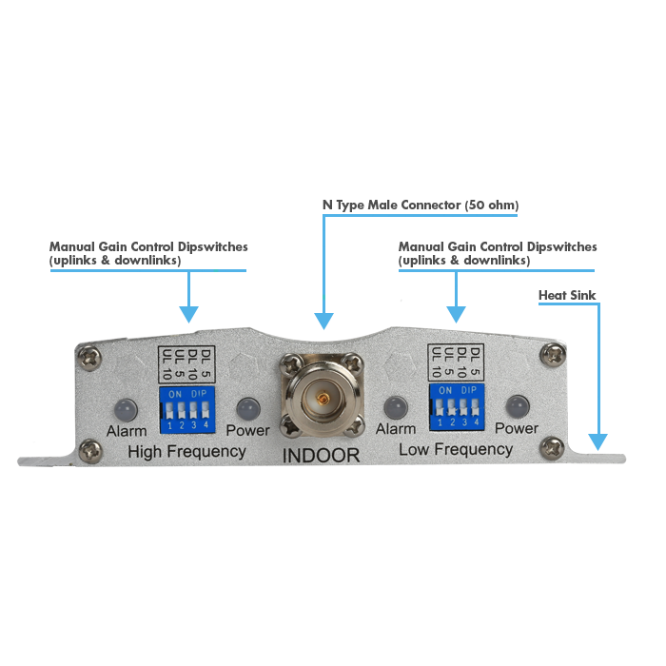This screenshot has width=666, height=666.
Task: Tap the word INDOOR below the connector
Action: pyautogui.click(x=322, y=456)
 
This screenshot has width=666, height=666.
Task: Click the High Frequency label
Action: pyautogui.click(x=186, y=450)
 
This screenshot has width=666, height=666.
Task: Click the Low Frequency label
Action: pyautogui.click(x=456, y=448)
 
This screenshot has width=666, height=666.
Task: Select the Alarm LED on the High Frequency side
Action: pyautogui.click(x=124, y=409)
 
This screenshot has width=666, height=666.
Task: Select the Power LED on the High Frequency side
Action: pyautogui.click(x=248, y=408)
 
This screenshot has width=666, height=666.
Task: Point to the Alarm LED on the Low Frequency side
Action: pyautogui.click(x=395, y=407)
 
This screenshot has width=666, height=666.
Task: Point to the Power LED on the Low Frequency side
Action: pyautogui.click(x=517, y=405)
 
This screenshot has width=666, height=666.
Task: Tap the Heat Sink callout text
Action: pyautogui.click(x=567, y=296)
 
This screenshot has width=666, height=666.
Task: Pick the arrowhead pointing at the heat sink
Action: pyautogui.click(x=597, y=441)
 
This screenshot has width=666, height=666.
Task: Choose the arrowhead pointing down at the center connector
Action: pyautogui.click(x=323, y=323)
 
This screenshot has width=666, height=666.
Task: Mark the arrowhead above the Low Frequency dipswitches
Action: pyautogui.click(x=457, y=313)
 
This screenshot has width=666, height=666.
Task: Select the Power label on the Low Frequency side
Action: pyautogui.click(x=517, y=428)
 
